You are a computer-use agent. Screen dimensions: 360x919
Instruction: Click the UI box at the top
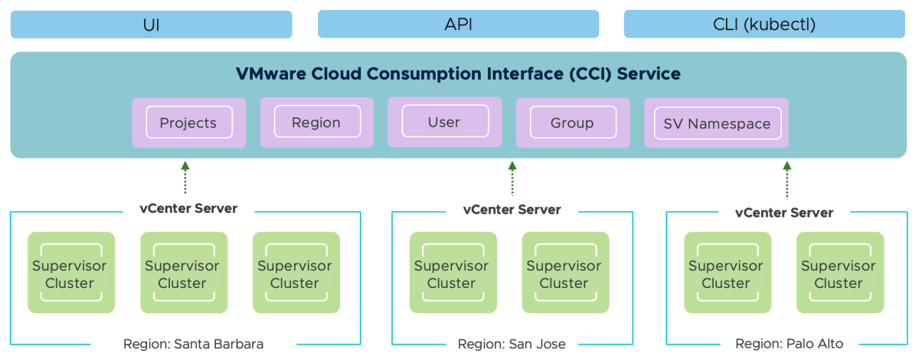[151, 25]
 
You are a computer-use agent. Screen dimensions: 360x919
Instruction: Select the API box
[458, 25]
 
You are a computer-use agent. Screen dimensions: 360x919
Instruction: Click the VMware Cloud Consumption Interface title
[458, 74]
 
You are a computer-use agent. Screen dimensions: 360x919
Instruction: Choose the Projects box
[188, 123]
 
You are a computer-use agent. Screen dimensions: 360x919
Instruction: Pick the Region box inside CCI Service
[316, 123]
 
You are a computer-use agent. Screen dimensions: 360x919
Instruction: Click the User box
[444, 122]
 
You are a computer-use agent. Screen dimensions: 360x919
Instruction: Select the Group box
[572, 123]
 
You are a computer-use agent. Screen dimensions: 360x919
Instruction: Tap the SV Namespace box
[718, 123]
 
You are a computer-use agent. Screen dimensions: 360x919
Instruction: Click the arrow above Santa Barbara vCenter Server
[185, 178]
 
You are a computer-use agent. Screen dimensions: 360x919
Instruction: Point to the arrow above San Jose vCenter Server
[512, 178]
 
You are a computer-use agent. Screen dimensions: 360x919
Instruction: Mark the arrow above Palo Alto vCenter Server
[787, 178]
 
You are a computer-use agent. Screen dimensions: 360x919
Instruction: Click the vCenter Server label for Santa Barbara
[188, 208]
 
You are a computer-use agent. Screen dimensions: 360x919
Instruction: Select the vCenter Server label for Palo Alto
[784, 212]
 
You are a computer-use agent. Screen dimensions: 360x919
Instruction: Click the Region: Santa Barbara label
[193, 344]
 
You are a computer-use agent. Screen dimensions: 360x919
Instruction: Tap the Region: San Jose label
[512, 344]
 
